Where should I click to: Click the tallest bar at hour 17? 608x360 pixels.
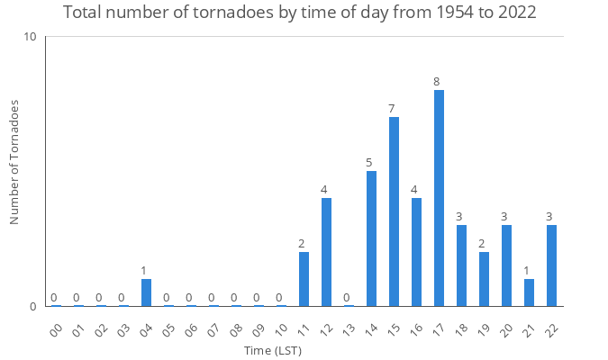(439, 198)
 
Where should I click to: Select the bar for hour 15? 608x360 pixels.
(394, 211)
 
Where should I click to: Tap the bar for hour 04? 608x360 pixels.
(146, 292)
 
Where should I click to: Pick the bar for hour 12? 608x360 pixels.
(326, 252)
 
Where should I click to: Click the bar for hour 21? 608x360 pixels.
(529, 292)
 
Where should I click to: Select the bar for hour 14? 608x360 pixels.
(371, 238)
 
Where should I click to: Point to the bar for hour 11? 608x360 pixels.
(304, 279)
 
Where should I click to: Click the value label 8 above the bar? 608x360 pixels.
(437, 82)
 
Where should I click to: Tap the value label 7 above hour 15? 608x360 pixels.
(392, 109)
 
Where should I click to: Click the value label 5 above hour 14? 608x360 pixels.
(369, 163)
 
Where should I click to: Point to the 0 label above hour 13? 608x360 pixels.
(347, 298)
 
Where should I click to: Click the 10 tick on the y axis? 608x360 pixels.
(30, 37)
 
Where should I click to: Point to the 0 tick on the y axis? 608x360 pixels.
(32, 306)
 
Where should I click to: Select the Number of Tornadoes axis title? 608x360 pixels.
(14, 162)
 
